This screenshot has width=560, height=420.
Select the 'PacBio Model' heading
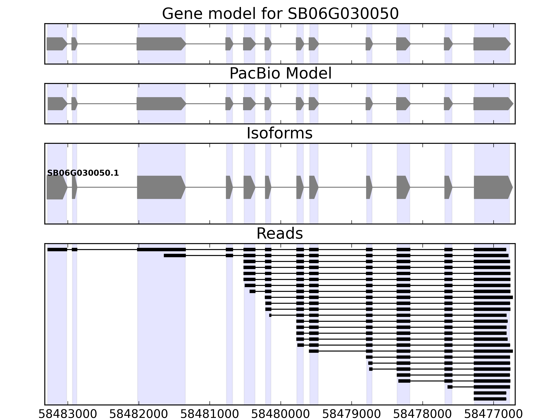[280, 74]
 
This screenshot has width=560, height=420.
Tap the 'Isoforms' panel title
[279, 133]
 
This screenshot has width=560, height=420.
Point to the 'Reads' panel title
[279, 234]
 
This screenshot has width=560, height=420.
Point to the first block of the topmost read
[57, 250]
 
